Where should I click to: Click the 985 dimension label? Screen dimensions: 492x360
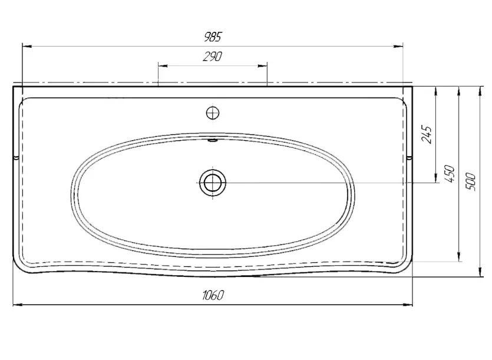pyautogui.click(x=213, y=37)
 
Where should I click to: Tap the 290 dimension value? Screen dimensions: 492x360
pyautogui.click(x=213, y=57)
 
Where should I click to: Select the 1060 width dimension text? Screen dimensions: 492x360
pyautogui.click(x=213, y=295)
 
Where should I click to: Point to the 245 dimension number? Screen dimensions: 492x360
pyautogui.click(x=427, y=134)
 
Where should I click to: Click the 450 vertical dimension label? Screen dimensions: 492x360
pyautogui.click(x=450, y=174)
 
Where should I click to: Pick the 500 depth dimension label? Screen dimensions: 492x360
pyautogui.click(x=471, y=181)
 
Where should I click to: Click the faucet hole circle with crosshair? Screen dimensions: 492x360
pyautogui.click(x=213, y=113)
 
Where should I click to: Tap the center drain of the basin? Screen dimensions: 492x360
pyautogui.click(x=213, y=182)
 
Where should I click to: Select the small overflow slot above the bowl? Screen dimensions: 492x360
pyautogui.click(x=213, y=140)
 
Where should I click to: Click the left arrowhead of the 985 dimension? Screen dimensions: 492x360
pyautogui.click(x=27, y=47)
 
